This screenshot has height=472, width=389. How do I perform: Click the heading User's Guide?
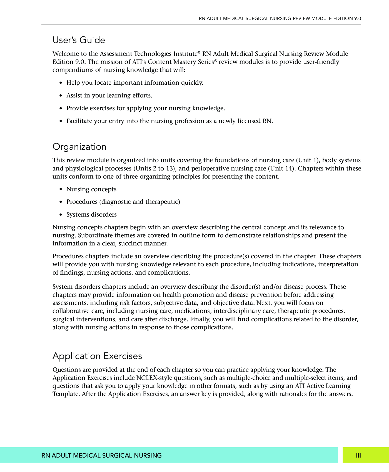pyautogui.click(x=79, y=40)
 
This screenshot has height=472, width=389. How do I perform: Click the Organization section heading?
pyautogui.click(x=79, y=147)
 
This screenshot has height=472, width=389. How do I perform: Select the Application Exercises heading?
pyautogui.click(x=97, y=356)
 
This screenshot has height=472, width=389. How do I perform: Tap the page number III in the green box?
pyautogui.click(x=358, y=455)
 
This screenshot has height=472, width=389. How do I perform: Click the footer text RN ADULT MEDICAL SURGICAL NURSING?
pyautogui.click(x=101, y=455)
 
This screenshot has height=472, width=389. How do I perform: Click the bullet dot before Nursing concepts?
pyautogui.click(x=61, y=189)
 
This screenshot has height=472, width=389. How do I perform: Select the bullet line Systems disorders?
pyautogui.click(x=91, y=214)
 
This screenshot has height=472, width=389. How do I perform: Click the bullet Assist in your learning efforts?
pyautogui.click(x=109, y=96)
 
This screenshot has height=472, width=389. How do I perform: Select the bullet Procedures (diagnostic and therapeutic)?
pyautogui.click(x=123, y=202)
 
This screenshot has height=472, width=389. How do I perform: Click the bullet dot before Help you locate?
pyautogui.click(x=61, y=83)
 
